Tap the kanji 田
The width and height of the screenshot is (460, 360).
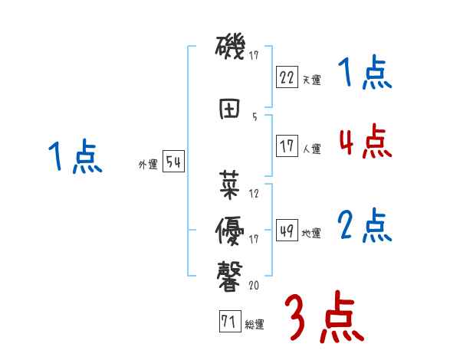230,109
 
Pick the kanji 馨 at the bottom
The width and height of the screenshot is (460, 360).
230,274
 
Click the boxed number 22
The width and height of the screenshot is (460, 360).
287,77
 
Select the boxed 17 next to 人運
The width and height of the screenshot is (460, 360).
287,146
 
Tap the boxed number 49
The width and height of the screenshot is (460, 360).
287,231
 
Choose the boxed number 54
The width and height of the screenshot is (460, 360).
173,162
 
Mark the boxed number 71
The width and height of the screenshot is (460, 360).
228,322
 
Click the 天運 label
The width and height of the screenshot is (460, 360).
312,80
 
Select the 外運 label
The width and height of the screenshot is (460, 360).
148,164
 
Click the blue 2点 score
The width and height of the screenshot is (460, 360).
365,226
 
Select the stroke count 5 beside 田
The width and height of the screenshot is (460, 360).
255,117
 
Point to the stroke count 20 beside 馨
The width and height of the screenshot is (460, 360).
255,285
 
